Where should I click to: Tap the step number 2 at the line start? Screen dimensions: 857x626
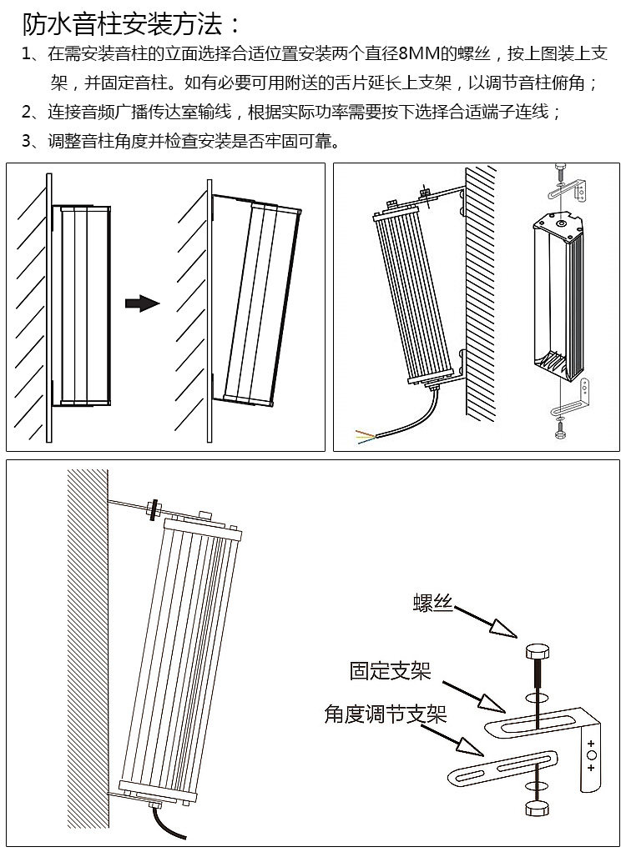28,112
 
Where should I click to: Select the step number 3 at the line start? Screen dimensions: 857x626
28,140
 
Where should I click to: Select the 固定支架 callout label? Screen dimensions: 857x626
390,669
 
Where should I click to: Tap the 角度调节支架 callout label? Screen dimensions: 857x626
385,714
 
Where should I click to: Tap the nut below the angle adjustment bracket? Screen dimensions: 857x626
537,809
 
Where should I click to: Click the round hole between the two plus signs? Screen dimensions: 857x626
592,754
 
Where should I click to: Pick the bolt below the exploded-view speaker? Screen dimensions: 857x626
558,428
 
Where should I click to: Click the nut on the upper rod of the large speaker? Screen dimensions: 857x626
154,508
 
